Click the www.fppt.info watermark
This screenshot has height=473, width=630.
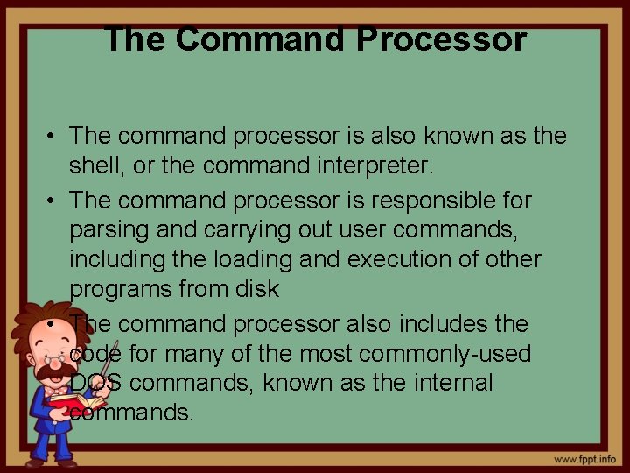click(584, 459)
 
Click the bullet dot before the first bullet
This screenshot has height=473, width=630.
click(54, 137)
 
